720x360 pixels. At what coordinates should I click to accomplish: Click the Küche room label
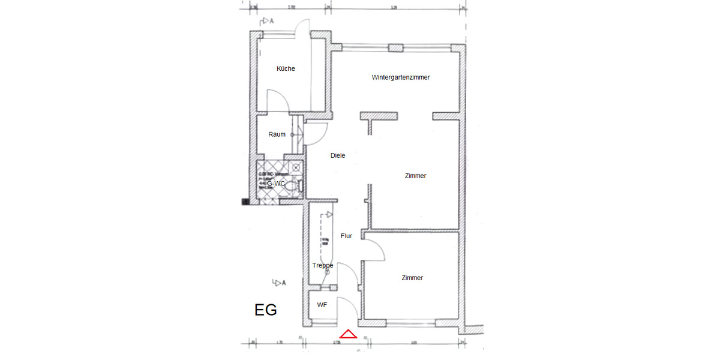pos(286,69)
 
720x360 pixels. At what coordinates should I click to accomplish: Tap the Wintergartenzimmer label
pos(400,78)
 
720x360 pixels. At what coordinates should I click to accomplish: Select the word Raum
pos(277,135)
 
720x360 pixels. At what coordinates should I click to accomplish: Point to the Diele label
pos(338,156)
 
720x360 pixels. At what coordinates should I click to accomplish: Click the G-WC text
pos(275,184)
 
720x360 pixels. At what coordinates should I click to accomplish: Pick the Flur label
pos(346,236)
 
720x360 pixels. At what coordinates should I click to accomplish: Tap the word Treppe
pos(322,265)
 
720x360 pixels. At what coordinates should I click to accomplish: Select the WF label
pos(322,305)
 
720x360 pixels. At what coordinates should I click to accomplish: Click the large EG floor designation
pos(266,311)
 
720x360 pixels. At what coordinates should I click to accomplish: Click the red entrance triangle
pos(349,335)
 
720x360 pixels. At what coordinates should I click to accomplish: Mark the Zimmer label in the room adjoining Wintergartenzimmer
pos(415,176)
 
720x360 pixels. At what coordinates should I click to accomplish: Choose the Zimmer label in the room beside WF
pos(412,278)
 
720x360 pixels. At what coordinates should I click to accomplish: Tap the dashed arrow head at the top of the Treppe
pos(329,214)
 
